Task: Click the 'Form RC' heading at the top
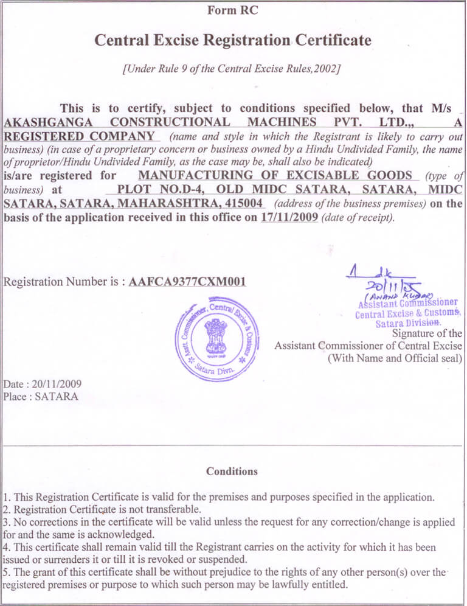pos(232,10)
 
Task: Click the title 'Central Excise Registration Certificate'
pos(232,40)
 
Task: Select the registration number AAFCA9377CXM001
pos(188,282)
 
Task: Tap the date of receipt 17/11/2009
pos(289,217)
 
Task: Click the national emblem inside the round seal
pos(215,336)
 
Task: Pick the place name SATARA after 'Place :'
pos(57,396)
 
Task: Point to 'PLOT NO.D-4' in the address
pos(157,189)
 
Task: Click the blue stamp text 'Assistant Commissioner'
pos(408,303)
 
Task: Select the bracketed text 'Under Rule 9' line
pos(231,69)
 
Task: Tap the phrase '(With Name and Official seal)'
pos(395,358)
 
